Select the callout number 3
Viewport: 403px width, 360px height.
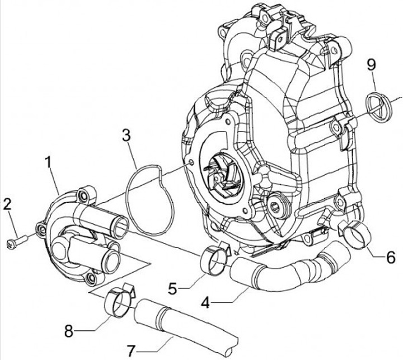tap(126, 135)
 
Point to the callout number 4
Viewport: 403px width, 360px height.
tap(205, 303)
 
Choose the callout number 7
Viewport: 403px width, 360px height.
tap(130, 352)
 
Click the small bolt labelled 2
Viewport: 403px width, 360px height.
tap(17, 242)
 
